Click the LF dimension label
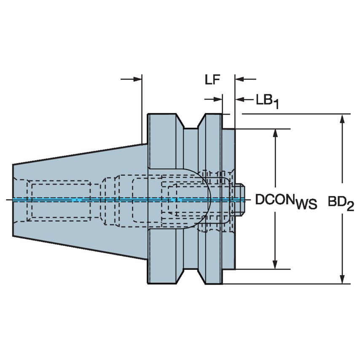tap(213, 80)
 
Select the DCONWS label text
tap(286, 201)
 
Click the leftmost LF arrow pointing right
tap(136, 79)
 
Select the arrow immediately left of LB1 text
tap(241, 99)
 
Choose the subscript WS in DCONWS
tap(306, 205)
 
